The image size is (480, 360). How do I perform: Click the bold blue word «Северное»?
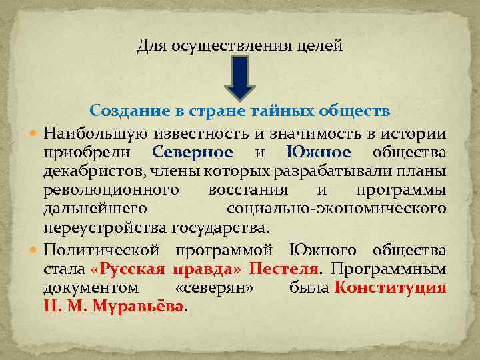(193, 152)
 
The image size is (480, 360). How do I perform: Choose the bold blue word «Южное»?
(319, 152)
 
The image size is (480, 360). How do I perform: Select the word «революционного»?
(111, 190)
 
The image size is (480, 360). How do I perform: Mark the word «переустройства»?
(105, 228)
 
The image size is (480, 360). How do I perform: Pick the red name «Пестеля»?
(284, 269)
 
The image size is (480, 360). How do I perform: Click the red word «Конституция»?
(390, 287)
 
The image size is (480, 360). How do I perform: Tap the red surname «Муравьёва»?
(138, 307)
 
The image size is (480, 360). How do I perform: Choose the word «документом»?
(91, 287)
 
